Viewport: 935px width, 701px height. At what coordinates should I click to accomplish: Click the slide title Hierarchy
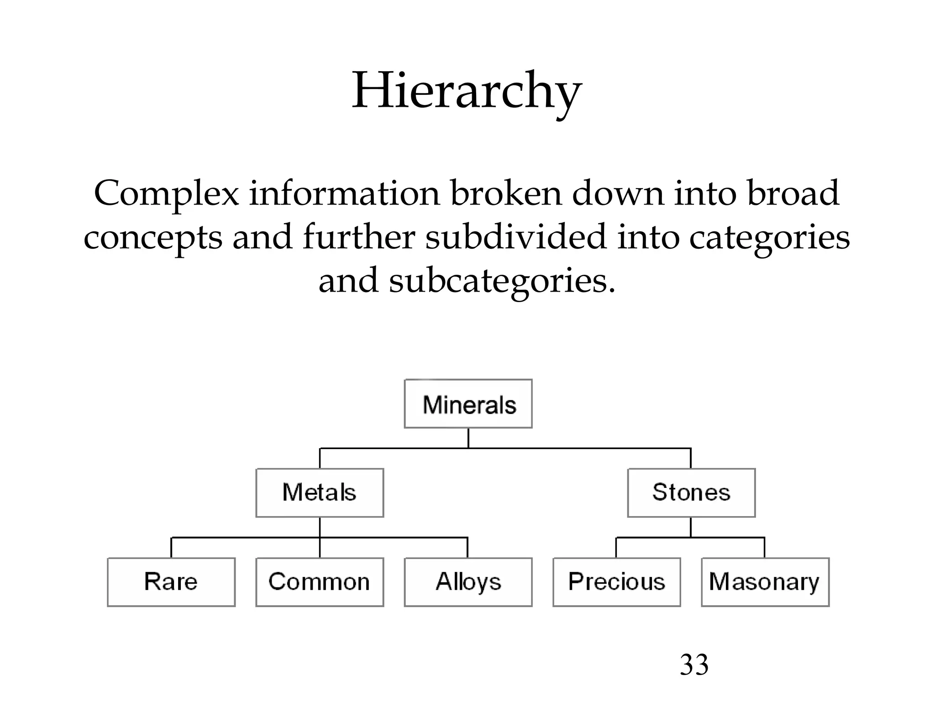467,91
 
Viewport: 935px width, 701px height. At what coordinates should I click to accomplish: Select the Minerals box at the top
468,404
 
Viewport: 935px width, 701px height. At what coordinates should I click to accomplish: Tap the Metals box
320,493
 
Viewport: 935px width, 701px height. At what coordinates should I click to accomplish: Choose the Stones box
691,493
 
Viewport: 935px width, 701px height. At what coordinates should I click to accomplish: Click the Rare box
171,582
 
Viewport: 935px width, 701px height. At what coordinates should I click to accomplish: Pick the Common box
320,582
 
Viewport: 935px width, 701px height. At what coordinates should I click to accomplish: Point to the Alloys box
468,582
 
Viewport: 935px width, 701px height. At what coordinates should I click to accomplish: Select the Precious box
616,582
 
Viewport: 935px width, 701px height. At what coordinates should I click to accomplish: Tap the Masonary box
765,582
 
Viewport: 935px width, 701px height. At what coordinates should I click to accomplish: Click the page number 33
694,665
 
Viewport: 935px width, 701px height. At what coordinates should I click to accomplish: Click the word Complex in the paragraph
166,194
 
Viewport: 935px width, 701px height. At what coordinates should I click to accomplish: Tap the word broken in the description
506,194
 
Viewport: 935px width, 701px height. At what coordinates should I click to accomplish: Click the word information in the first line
344,194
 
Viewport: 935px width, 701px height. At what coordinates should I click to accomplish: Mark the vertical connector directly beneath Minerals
468,438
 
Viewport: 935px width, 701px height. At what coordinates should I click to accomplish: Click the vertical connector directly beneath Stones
691,527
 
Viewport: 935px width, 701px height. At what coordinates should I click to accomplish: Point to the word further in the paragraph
359,237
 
